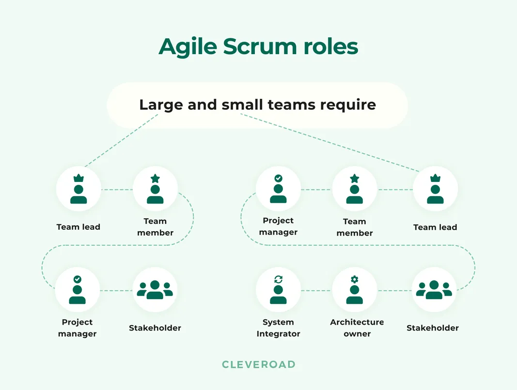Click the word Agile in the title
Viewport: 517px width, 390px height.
pos(187,47)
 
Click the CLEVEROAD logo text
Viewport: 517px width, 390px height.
pos(259,364)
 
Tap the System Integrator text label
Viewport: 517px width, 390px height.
pos(278,328)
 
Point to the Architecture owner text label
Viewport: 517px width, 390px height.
pos(357,328)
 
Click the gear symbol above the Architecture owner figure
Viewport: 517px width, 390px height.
pos(355,279)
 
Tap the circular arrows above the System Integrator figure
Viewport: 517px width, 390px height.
pos(278,279)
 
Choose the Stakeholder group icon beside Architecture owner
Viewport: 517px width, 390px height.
pos(434,289)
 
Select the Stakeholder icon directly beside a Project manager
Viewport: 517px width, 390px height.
pos(155,289)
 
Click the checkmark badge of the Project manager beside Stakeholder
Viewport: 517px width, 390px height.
pos(77,279)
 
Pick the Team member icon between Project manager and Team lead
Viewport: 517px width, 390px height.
pos(355,189)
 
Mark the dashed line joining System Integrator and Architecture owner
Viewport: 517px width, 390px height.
pos(316,290)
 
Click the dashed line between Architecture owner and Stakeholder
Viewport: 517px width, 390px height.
pos(394,290)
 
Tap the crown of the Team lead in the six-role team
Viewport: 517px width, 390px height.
pos(435,178)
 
